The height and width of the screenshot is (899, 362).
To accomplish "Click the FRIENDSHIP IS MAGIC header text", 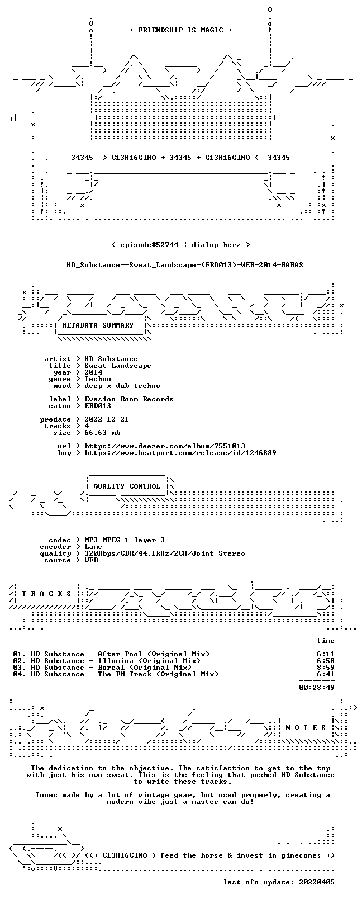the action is click(181, 30).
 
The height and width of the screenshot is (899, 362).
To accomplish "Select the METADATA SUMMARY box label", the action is click(98, 325).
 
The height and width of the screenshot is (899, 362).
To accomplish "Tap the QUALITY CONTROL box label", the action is click(127, 486).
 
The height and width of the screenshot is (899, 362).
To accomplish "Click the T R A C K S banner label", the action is click(46, 593).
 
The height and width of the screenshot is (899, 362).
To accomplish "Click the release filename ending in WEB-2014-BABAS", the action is click(185, 265).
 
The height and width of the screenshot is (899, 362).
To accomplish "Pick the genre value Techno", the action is click(98, 379).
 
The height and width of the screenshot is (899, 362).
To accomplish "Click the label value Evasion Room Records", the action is click(129, 399).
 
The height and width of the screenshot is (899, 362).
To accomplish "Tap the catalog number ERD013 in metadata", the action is click(98, 406).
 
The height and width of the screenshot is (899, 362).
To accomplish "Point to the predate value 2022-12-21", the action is click(107, 419).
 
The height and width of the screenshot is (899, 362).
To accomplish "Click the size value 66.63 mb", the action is click(102, 433).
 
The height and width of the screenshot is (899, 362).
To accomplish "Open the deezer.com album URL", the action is click(165, 446).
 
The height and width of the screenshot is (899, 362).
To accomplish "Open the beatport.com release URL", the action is click(180, 453).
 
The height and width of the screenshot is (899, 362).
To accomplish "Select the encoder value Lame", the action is click(93, 547).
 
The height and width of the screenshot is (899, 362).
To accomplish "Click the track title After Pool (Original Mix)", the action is click(154, 654).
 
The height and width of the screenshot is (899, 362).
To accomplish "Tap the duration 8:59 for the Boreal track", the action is click(326, 668).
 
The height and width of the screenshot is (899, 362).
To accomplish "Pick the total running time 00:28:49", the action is click(317, 688).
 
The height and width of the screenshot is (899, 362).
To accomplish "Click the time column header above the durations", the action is click(326, 641).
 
